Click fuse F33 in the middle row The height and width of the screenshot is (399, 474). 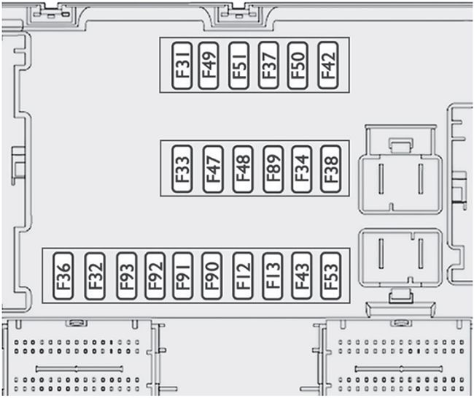tap(183, 169)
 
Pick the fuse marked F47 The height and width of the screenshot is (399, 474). tap(213, 169)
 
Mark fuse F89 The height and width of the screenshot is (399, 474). tap(273, 169)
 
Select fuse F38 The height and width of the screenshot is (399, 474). tap(330, 169)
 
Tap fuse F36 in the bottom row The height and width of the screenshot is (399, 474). tap(63, 275)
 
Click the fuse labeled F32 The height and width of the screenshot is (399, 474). tap(95, 275)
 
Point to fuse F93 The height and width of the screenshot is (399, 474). tap(125, 275)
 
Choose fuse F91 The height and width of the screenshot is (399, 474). tap(182, 275)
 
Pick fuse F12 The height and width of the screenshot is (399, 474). tap(242, 275)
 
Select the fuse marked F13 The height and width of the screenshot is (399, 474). tap(272, 275)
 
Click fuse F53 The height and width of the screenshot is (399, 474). tap(330, 275)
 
